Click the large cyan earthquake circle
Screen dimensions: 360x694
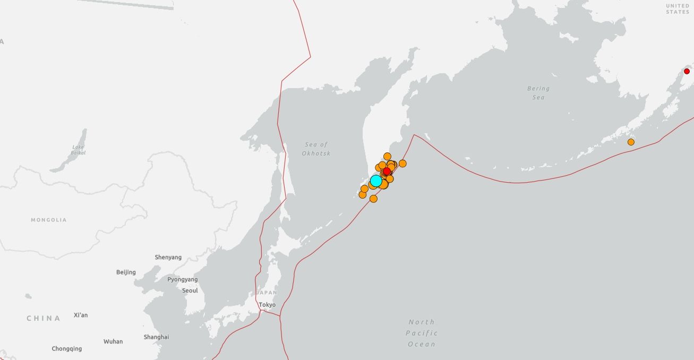tap(376, 181)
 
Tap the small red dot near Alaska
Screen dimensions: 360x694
tap(687, 71)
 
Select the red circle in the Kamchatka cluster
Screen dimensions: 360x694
tap(387, 171)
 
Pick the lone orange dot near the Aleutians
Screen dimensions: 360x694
tap(631, 142)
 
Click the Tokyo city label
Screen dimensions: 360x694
tap(267, 305)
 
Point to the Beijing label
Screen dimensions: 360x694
tap(126, 272)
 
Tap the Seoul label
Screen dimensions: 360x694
tap(190, 290)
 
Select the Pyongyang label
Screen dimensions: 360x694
tap(182, 279)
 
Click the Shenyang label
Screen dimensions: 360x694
tap(168, 258)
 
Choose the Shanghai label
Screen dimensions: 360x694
tap(156, 337)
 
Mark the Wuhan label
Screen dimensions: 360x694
tap(113, 341)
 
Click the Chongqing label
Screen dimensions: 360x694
tap(67, 349)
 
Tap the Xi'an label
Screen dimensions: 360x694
tap(81, 315)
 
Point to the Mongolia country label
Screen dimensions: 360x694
tap(49, 220)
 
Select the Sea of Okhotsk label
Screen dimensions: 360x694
tap(316, 149)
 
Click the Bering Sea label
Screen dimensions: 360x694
tap(538, 93)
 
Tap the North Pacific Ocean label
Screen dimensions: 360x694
tap(422, 333)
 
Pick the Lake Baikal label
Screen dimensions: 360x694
tap(78, 150)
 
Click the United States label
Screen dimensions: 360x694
tap(678, 8)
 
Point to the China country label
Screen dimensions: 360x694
tap(44, 319)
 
